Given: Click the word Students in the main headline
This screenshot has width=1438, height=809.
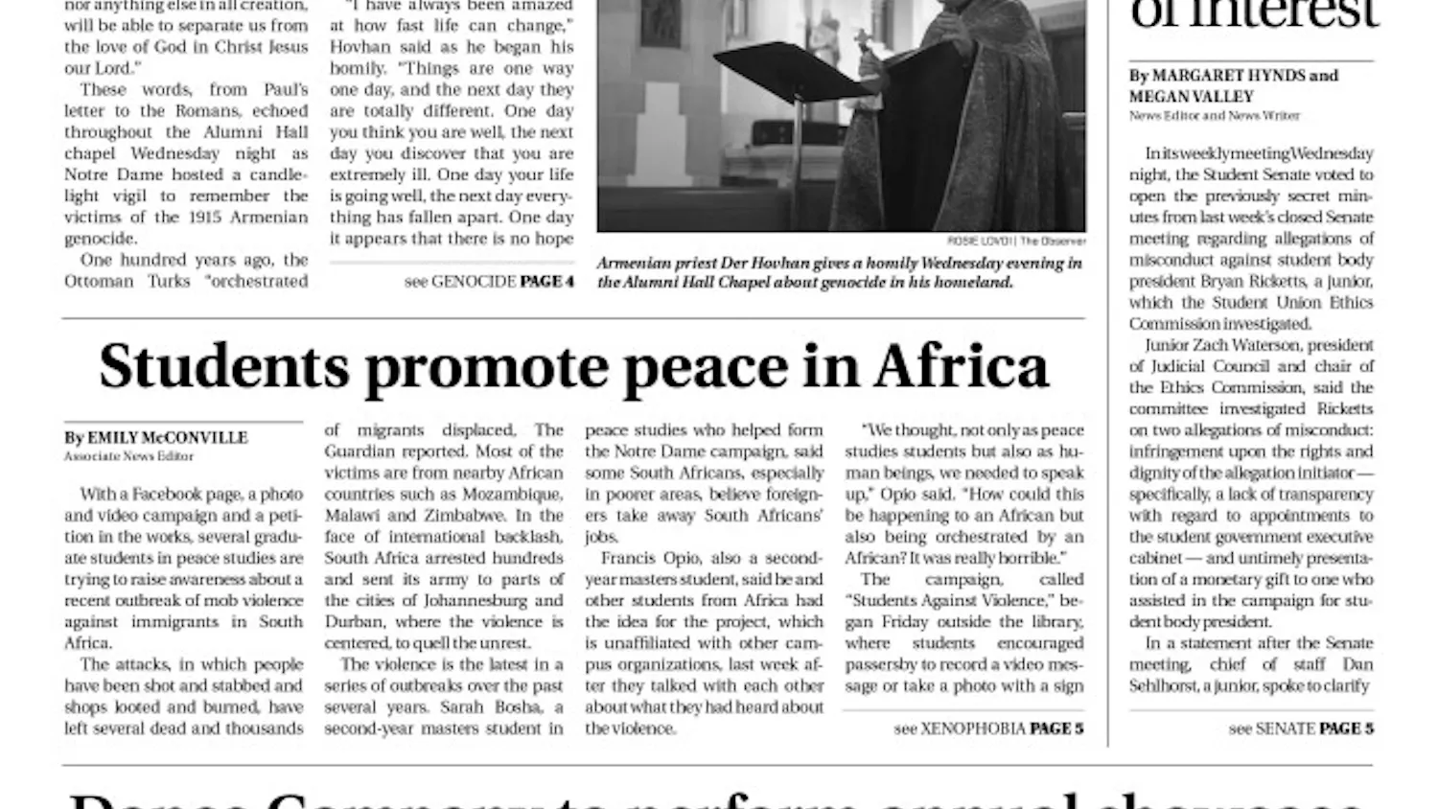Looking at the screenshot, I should (x=223, y=367).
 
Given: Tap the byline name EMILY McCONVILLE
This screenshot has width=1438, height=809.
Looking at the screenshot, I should (x=168, y=438).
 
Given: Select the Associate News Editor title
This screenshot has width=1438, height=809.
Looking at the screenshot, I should (x=128, y=456).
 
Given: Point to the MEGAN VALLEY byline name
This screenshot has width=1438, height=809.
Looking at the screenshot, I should (x=1191, y=97).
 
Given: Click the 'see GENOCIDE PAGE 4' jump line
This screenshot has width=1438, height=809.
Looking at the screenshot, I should (x=489, y=282).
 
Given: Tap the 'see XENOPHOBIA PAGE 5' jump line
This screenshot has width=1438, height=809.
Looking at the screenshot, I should (x=988, y=728).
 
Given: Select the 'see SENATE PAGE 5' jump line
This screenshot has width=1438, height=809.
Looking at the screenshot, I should (x=1300, y=728).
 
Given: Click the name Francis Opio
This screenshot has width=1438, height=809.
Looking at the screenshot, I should (x=639, y=559).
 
